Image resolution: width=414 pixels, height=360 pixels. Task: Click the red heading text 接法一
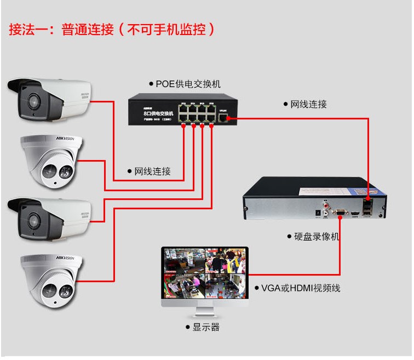click(x=27, y=29)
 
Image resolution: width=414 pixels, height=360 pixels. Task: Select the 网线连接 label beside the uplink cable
click(x=308, y=104)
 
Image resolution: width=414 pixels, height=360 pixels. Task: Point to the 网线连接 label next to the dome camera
click(x=152, y=172)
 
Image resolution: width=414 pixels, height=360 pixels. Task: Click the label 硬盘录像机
click(x=313, y=237)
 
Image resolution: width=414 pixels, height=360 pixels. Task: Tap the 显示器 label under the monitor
click(x=205, y=327)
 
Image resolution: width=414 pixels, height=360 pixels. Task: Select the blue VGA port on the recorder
click(x=340, y=211)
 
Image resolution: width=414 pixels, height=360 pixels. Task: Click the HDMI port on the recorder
click(x=355, y=212)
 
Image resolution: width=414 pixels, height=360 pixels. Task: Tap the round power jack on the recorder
click(x=318, y=212)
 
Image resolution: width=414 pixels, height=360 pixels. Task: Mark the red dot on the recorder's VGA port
click(x=341, y=218)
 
